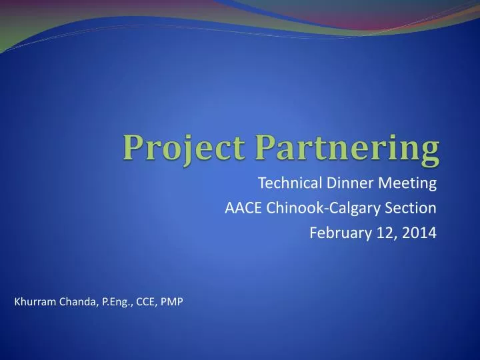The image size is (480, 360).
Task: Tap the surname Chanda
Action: (79, 302)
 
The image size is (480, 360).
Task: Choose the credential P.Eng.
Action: (117, 303)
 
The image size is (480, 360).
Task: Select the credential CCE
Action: (147, 302)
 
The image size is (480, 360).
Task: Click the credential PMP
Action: (173, 302)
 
